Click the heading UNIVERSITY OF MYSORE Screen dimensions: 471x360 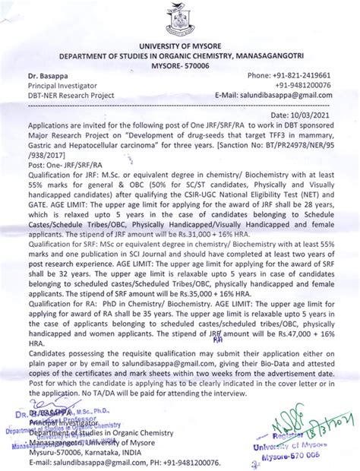coord(180,48)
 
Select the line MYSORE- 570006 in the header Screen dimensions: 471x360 coord(180,66)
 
